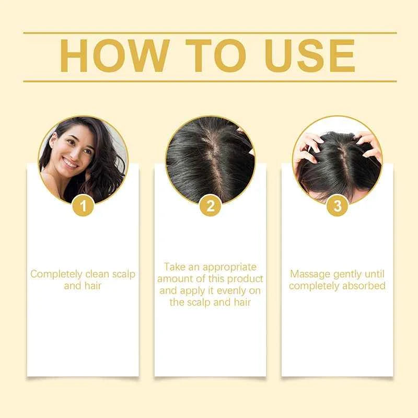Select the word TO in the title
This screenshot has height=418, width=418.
(209, 56)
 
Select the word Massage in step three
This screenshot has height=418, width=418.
(308, 274)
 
